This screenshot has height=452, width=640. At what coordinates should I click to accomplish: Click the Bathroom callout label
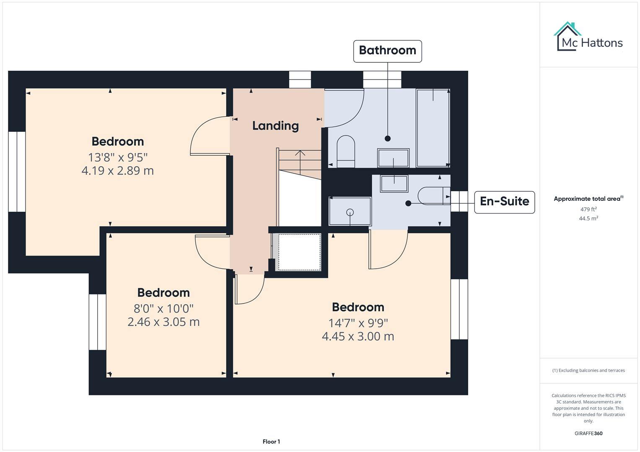click(x=387, y=51)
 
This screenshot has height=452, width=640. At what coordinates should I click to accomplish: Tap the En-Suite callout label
click(x=504, y=202)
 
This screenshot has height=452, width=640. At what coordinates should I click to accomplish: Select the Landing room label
click(x=275, y=126)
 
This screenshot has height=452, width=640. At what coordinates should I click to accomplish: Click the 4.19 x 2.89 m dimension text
click(x=117, y=171)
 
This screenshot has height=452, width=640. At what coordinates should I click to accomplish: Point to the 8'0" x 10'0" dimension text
click(x=163, y=308)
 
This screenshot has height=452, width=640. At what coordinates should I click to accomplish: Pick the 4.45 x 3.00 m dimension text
click(x=358, y=336)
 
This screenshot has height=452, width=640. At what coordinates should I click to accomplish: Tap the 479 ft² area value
click(x=588, y=209)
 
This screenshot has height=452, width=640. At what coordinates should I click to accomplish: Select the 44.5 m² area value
click(x=588, y=218)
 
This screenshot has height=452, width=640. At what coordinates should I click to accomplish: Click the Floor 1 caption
click(x=271, y=442)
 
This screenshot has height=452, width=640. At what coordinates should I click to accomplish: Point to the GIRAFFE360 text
click(x=588, y=433)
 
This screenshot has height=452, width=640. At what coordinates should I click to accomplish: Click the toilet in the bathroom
click(x=346, y=151)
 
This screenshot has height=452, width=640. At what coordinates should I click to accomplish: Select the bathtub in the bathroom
click(x=433, y=128)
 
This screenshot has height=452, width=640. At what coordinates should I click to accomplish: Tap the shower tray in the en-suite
click(x=350, y=211)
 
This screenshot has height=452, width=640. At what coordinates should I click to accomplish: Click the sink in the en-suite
click(x=394, y=183)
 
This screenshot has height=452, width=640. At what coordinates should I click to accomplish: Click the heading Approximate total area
click(x=588, y=199)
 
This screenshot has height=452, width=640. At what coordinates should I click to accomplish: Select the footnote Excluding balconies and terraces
click(x=588, y=370)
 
